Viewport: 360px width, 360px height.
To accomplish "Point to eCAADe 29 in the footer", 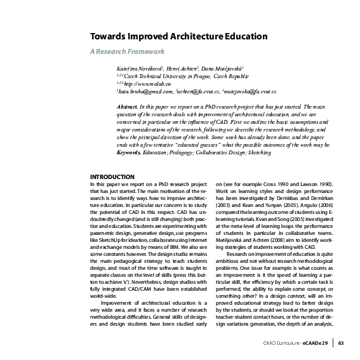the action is tap(319, 343).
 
